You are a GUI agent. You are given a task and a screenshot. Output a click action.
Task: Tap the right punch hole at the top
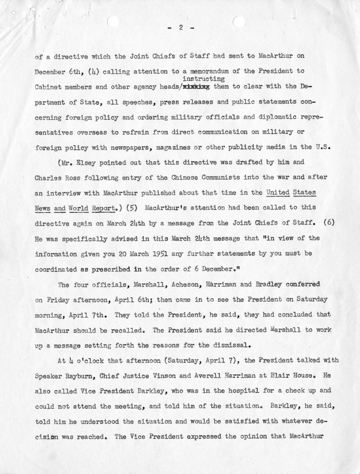[x=239, y=22]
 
